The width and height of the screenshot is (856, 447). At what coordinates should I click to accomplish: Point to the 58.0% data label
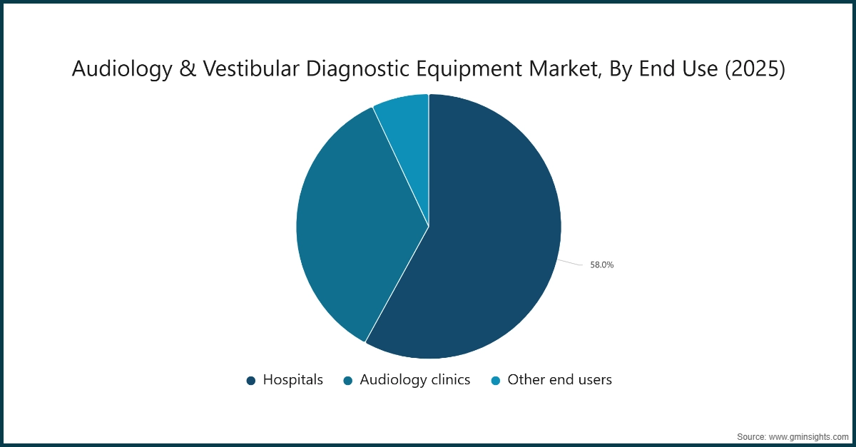click(x=601, y=264)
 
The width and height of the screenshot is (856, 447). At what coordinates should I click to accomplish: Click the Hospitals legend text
click(x=292, y=380)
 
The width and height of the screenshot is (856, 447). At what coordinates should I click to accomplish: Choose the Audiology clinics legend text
click(x=414, y=380)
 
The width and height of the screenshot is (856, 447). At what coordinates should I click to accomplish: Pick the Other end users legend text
click(x=559, y=380)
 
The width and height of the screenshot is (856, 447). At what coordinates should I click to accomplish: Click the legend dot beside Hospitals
click(x=251, y=381)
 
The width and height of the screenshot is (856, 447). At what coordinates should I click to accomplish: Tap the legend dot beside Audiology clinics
click(x=348, y=381)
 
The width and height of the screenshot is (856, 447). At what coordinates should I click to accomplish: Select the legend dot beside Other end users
click(x=496, y=381)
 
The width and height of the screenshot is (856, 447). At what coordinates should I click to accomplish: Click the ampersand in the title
click(x=175, y=69)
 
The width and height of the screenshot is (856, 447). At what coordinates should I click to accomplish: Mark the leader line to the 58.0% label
click(x=571, y=263)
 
